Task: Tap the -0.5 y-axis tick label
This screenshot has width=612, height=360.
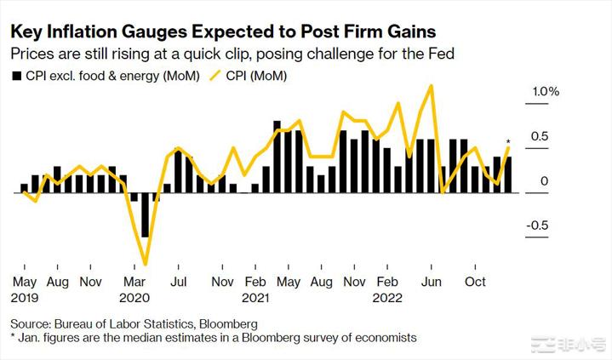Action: (x=542, y=226)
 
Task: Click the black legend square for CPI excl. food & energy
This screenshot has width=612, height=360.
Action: (x=16, y=76)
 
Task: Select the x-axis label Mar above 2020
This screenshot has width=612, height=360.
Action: (x=134, y=281)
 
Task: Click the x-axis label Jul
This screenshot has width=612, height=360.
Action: (x=180, y=281)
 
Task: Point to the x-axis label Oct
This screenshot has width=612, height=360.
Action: (x=475, y=281)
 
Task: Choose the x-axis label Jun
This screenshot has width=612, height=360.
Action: (x=432, y=281)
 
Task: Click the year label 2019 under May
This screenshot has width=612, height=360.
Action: (x=26, y=299)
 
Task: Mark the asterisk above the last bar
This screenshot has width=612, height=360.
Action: (x=508, y=142)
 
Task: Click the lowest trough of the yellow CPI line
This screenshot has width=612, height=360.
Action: (x=146, y=265)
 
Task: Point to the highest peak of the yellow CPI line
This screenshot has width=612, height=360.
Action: (x=433, y=85)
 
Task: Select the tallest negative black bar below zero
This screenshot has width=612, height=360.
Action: (x=146, y=214)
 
